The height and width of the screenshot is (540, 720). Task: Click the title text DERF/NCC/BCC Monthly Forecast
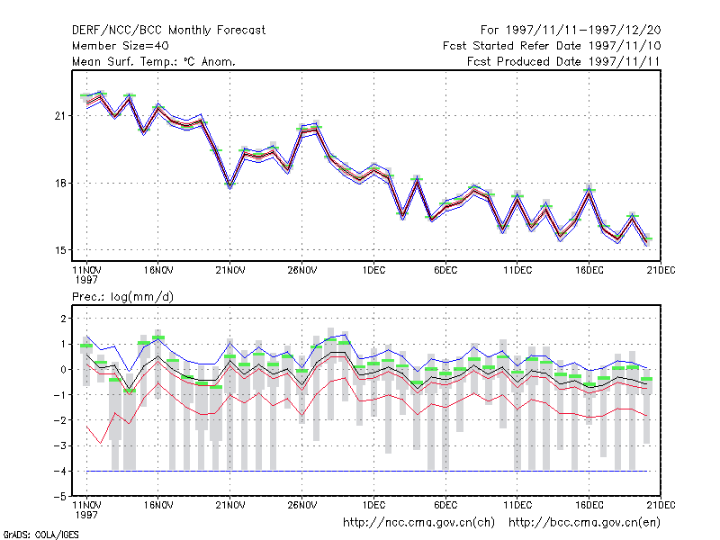[x=168, y=31]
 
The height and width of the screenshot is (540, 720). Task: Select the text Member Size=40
[x=121, y=46]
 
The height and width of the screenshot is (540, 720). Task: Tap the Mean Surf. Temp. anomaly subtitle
[x=154, y=61]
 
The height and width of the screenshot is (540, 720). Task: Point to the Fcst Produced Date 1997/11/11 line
[x=563, y=61]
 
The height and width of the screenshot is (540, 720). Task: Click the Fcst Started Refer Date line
[x=552, y=46]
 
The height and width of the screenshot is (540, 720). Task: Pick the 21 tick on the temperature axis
[x=59, y=116]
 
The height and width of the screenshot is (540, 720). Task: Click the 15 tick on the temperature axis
[x=60, y=250]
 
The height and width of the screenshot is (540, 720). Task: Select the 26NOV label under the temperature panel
[x=302, y=270]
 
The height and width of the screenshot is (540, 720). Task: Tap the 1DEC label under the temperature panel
[x=373, y=270]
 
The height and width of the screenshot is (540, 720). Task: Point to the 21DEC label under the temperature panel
[x=661, y=270]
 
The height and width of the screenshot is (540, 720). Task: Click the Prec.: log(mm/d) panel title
[x=122, y=297]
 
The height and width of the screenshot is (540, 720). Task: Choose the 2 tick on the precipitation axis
[x=63, y=319]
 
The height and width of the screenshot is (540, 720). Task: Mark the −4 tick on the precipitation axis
[x=59, y=471]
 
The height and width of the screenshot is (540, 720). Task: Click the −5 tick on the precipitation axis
[x=59, y=497]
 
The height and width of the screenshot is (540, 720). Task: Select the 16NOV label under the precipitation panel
[x=158, y=505]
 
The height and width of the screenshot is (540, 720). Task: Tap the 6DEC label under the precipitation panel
[x=445, y=505]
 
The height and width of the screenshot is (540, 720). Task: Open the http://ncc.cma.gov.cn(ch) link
[x=418, y=523]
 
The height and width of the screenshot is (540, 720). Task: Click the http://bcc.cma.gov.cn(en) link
[x=584, y=523]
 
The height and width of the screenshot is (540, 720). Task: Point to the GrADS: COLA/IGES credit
[x=40, y=535]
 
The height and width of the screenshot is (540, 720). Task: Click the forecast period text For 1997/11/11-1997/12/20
[x=571, y=31]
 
